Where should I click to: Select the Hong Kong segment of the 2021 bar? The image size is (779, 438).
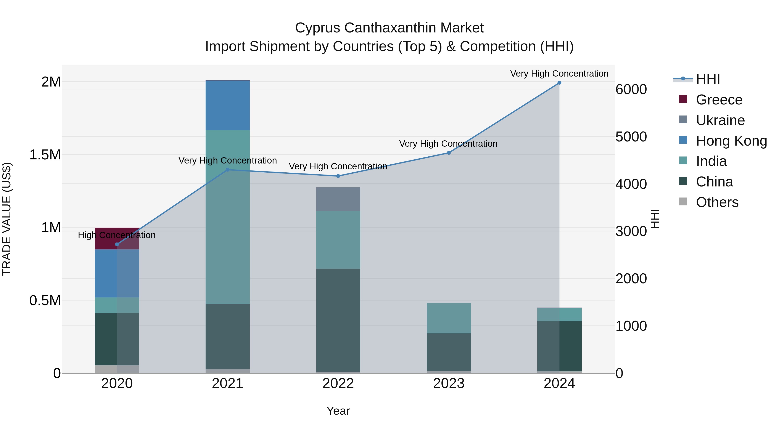[227, 105]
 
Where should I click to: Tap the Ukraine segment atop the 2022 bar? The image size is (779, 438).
[338, 199]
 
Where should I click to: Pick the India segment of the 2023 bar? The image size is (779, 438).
[449, 318]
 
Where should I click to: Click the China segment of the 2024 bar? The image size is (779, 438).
[559, 346]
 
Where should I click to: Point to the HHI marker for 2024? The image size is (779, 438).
[559, 83]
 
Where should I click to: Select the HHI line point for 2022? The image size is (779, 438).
[338, 176]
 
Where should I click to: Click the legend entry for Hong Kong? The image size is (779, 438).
[731, 141]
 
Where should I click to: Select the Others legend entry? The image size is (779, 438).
[717, 202]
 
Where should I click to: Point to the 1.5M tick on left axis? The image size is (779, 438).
[45, 155]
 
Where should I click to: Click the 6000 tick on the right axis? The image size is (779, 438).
[631, 90]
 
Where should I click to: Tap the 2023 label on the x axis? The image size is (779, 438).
[449, 383]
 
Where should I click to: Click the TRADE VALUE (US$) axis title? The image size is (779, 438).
[7, 219]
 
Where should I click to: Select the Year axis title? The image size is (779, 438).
[338, 411]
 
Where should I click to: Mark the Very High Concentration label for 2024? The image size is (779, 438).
[559, 74]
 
